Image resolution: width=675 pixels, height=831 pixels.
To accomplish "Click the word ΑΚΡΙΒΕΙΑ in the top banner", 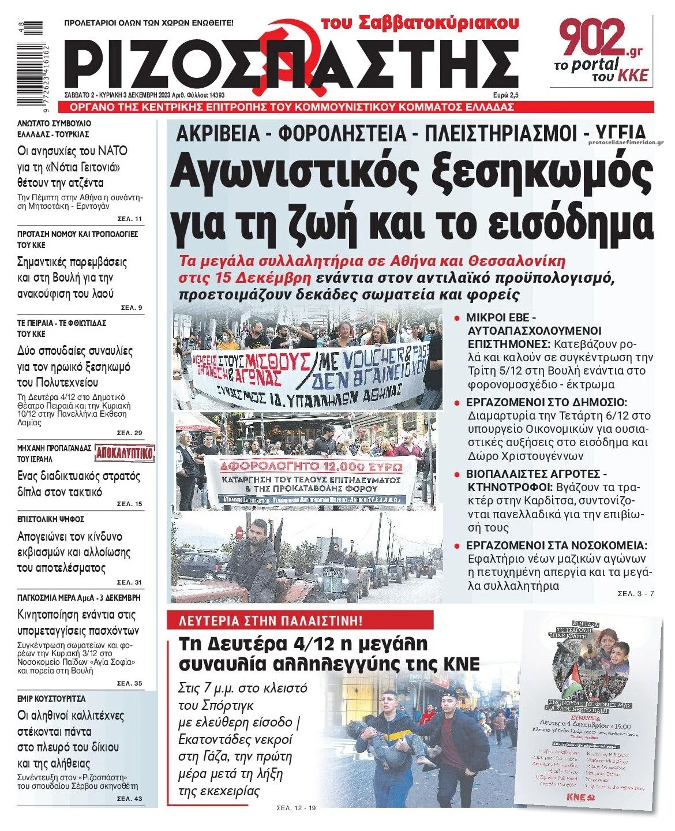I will [218, 133].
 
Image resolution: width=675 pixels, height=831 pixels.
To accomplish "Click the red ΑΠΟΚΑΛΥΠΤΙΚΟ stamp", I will [125, 454].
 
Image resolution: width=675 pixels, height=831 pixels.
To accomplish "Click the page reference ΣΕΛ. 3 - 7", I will [636, 594].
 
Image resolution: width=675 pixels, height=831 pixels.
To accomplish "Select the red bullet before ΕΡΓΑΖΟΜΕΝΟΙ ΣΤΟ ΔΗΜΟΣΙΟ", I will [457, 403].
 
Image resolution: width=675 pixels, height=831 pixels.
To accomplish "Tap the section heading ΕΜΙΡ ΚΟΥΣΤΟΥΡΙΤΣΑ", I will [51, 698].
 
